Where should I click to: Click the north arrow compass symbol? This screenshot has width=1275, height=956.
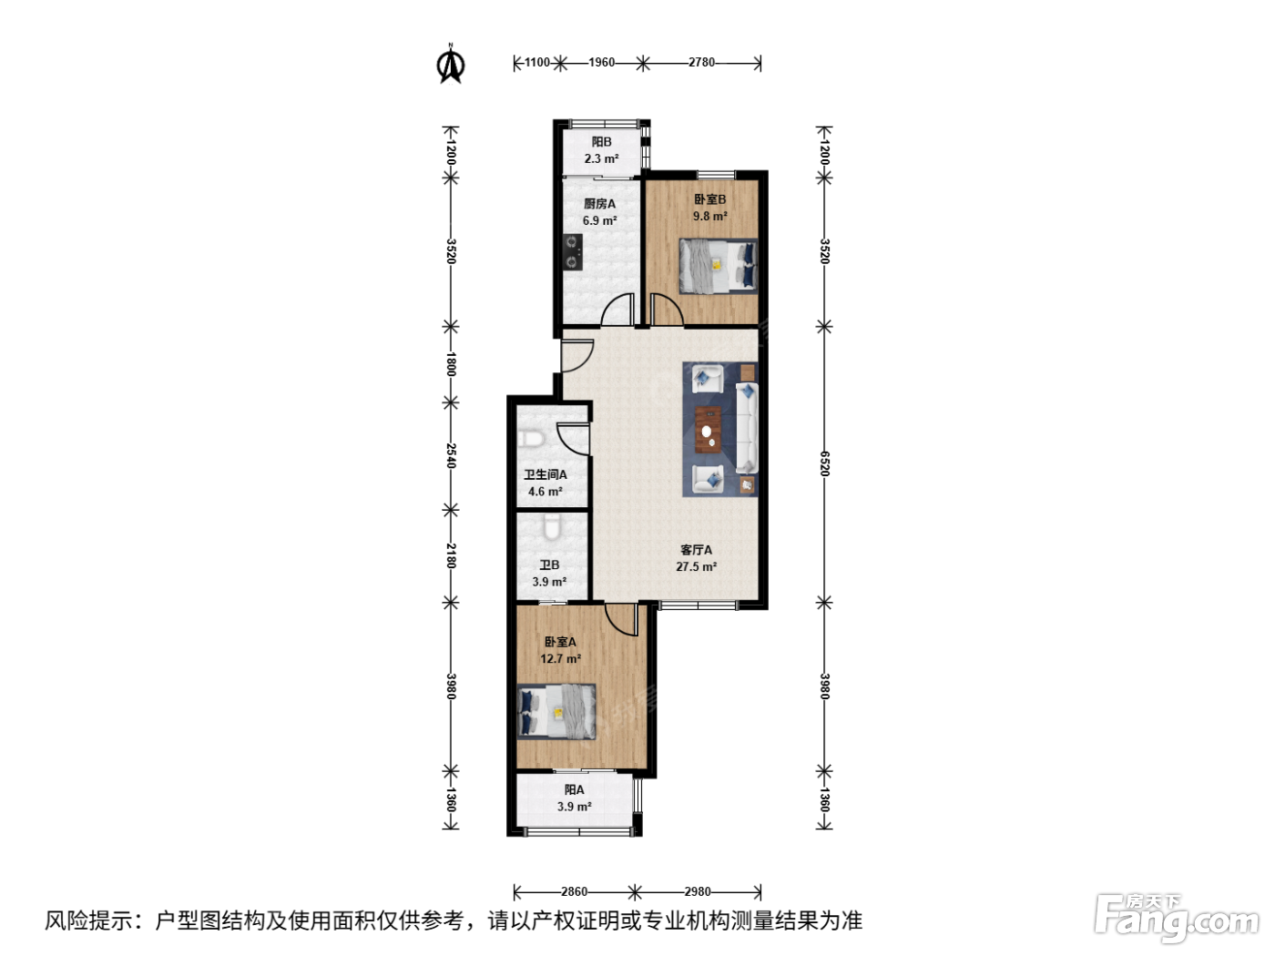tap(450, 64)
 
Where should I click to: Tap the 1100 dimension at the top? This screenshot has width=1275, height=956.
tap(537, 62)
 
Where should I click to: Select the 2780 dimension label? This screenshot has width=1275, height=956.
tap(701, 62)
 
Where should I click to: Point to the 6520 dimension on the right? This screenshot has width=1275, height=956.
tap(824, 463)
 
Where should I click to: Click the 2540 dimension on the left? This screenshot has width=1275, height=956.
tap(451, 455)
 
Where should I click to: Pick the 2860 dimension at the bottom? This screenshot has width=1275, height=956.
tap(574, 891)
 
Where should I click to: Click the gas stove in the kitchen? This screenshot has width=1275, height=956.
tap(573, 252)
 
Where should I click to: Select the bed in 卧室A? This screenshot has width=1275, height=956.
tap(556, 712)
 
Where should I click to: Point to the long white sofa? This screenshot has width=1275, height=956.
tap(747, 427)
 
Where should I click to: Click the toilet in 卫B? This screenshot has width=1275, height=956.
tap(552, 527)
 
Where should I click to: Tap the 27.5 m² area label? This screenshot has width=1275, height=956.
tap(696, 566)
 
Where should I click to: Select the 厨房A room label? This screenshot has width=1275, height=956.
tap(599, 204)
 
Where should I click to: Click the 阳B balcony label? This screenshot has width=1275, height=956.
tap(601, 142)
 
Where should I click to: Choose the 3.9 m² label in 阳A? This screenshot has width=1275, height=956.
tap(574, 807)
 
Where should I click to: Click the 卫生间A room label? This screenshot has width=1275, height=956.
tap(546, 474)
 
